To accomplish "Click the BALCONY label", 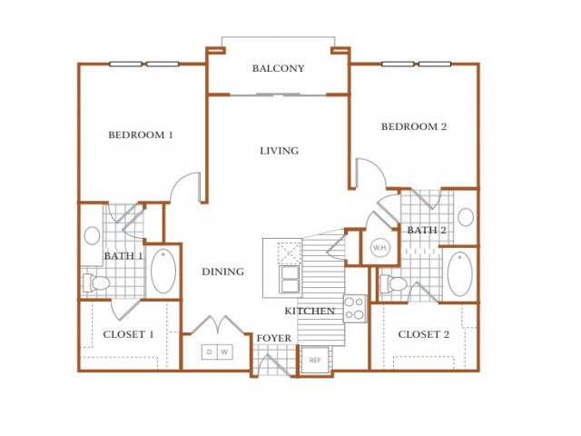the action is (x=279, y=68).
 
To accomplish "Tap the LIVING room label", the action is (x=279, y=151).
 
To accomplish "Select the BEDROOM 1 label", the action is (x=141, y=135).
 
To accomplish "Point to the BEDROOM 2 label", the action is (x=414, y=127).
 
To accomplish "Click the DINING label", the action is (x=223, y=272).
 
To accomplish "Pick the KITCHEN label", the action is (x=310, y=311).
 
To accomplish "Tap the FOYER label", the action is (x=274, y=339).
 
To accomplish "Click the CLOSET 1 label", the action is (x=128, y=334).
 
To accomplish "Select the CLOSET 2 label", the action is (x=424, y=334).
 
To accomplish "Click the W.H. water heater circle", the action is (x=380, y=248).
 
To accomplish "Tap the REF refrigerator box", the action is (x=315, y=360).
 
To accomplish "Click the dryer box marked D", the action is (x=210, y=352).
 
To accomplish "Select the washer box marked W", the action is (x=225, y=352).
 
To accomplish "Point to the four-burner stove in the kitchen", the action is (x=355, y=309).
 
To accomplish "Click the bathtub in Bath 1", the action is (x=163, y=271).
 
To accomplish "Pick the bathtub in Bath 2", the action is (x=460, y=273).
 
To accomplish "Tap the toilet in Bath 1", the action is (x=96, y=283).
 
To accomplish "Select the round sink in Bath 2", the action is (x=466, y=217).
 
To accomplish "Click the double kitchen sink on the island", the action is (x=290, y=279).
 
